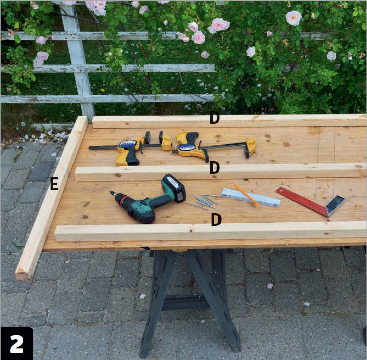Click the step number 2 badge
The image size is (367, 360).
coord(17,343)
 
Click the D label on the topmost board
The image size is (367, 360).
coord(214,118)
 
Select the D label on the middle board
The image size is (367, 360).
coord(215,168)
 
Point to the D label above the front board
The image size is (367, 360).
coord(216,220)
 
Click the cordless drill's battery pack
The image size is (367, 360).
coord(174,188)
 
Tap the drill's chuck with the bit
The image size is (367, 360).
coord(117,197)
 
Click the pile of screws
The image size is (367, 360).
coord(203,202)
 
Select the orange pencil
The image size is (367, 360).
coord(247,195)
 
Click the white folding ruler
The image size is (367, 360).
coord(251,198)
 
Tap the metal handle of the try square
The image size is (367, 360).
coord(335,205)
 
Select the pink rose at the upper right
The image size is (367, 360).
coord(293,18)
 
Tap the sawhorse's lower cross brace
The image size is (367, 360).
coord(185,302)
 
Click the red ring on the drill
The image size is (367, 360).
coord(124,200)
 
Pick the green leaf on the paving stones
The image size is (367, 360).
coord(19,245)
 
